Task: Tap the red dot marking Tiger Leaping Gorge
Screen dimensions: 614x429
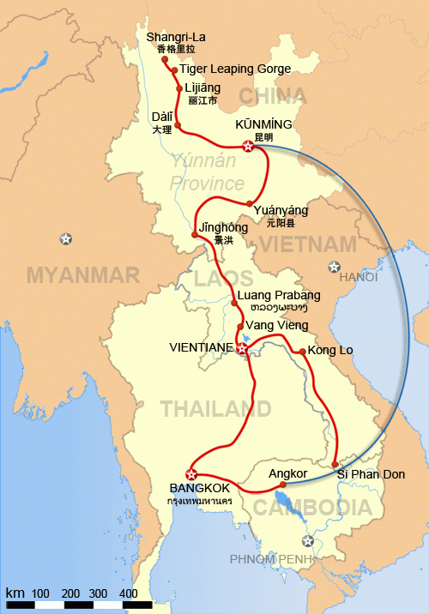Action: point(174,69)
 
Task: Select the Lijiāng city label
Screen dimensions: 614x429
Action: point(202,88)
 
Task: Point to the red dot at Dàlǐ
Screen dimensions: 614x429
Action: point(178,125)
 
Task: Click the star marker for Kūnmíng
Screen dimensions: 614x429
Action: point(248,147)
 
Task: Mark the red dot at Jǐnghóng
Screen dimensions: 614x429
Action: point(195,234)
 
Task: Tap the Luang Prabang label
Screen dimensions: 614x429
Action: point(276,296)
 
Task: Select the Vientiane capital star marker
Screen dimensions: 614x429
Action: point(242,350)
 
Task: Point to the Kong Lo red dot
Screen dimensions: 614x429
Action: point(301,352)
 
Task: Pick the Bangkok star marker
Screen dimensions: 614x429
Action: point(191,475)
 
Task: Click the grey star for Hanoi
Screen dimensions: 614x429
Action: point(334,267)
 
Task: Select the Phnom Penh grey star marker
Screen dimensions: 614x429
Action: point(308,540)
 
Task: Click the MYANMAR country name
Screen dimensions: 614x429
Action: point(82,274)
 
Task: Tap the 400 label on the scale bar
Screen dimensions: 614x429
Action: point(128,593)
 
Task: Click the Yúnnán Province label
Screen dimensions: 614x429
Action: point(207,172)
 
